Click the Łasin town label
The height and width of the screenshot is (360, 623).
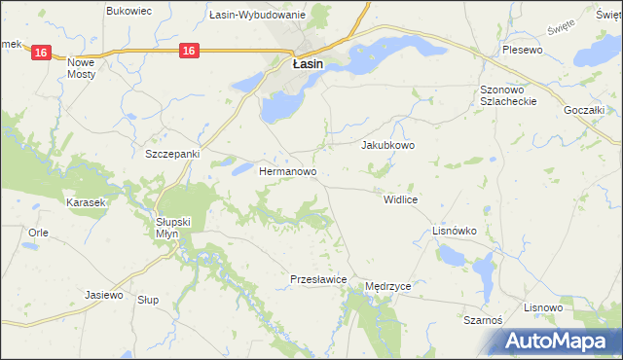[309, 65]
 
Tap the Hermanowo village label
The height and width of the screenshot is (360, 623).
[288, 171]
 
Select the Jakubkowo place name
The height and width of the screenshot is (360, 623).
[388, 145]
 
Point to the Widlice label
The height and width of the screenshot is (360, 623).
[400, 198]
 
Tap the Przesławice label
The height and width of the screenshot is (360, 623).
[319, 279]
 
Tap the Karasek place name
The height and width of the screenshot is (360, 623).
[85, 202]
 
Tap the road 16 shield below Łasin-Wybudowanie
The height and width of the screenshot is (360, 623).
[189, 51]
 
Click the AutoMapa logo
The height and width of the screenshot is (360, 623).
[561, 341]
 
